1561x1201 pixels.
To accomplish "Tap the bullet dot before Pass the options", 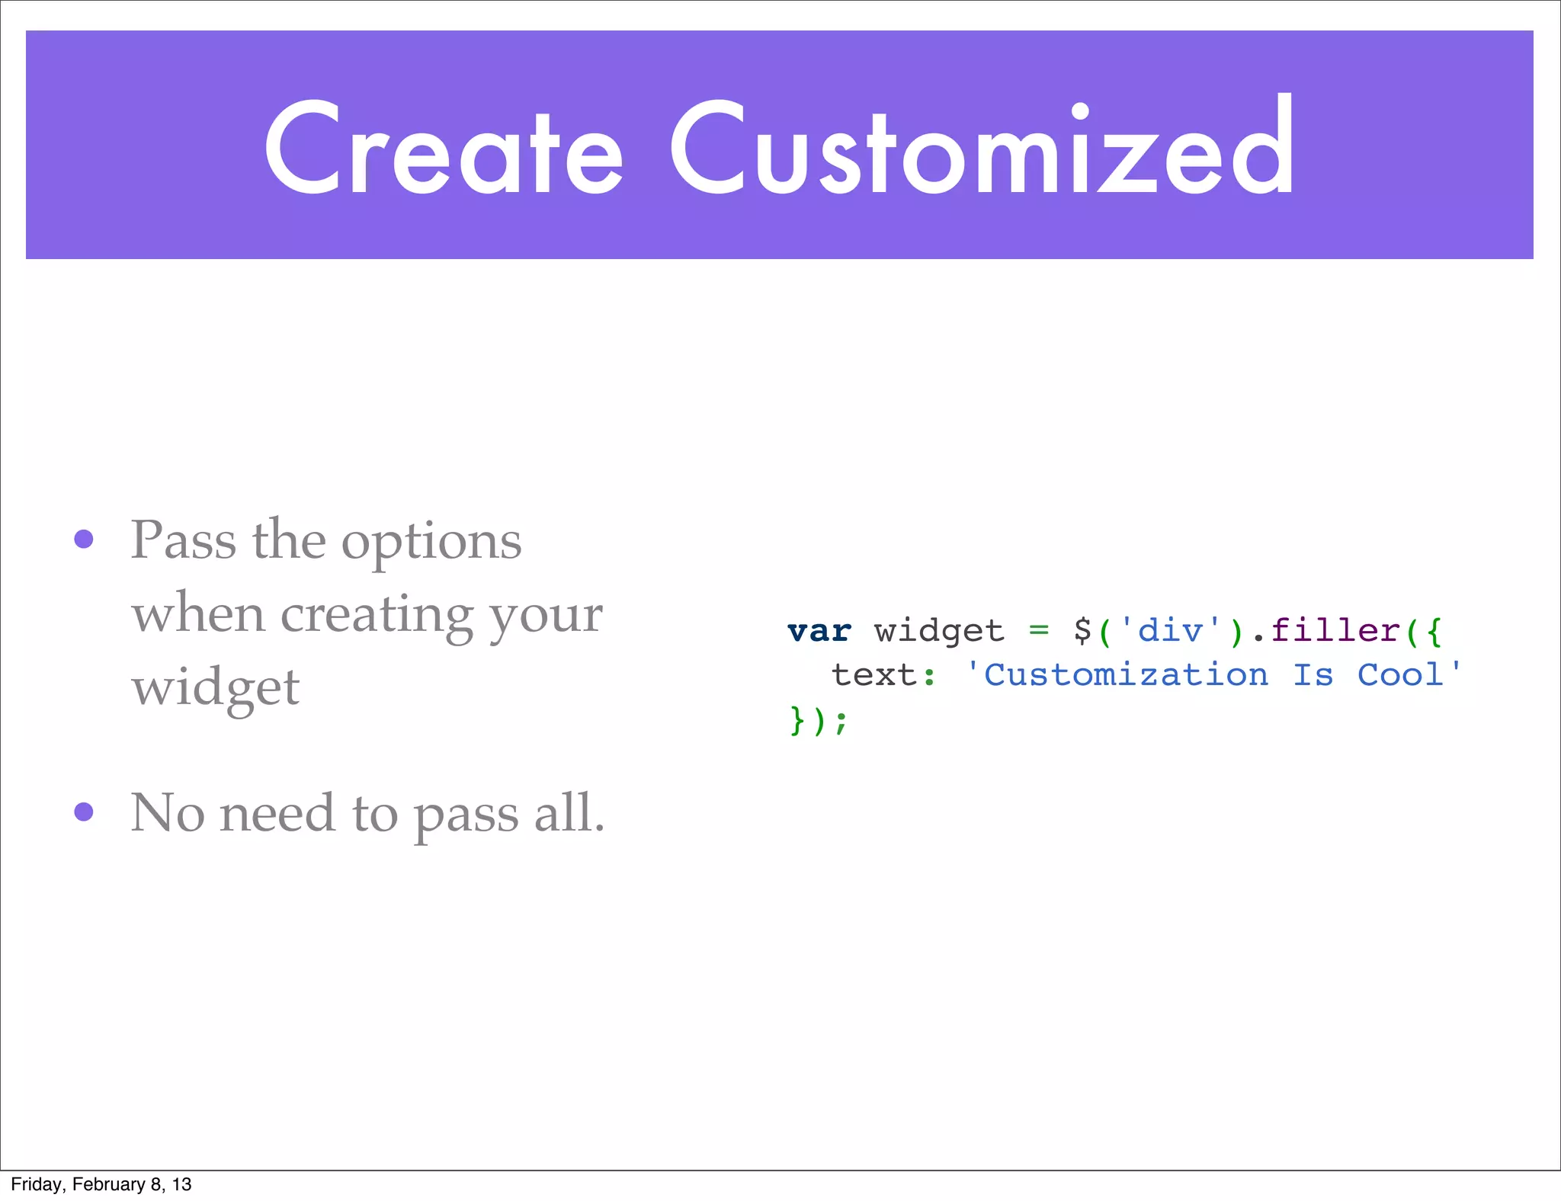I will pos(84,540).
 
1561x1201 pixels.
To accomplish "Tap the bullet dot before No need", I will pos(84,812).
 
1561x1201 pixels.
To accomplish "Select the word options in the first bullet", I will pos(431,543).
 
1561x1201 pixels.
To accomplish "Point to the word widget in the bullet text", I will pos(216,688).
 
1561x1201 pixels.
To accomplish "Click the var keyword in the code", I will pos(819,632).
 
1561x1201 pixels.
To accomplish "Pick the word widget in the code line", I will pos(939,632).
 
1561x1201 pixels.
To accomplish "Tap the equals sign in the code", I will pos(1038,630).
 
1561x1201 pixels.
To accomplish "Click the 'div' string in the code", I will pos(1170,632).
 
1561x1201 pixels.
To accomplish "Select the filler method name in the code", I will pos(1336,631).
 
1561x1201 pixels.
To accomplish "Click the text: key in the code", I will pos(883,675).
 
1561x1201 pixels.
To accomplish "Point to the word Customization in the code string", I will pos(1126,675).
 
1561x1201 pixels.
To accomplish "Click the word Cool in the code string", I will pos(1400,675).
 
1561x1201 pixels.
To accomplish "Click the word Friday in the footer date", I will pos(35,1184).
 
